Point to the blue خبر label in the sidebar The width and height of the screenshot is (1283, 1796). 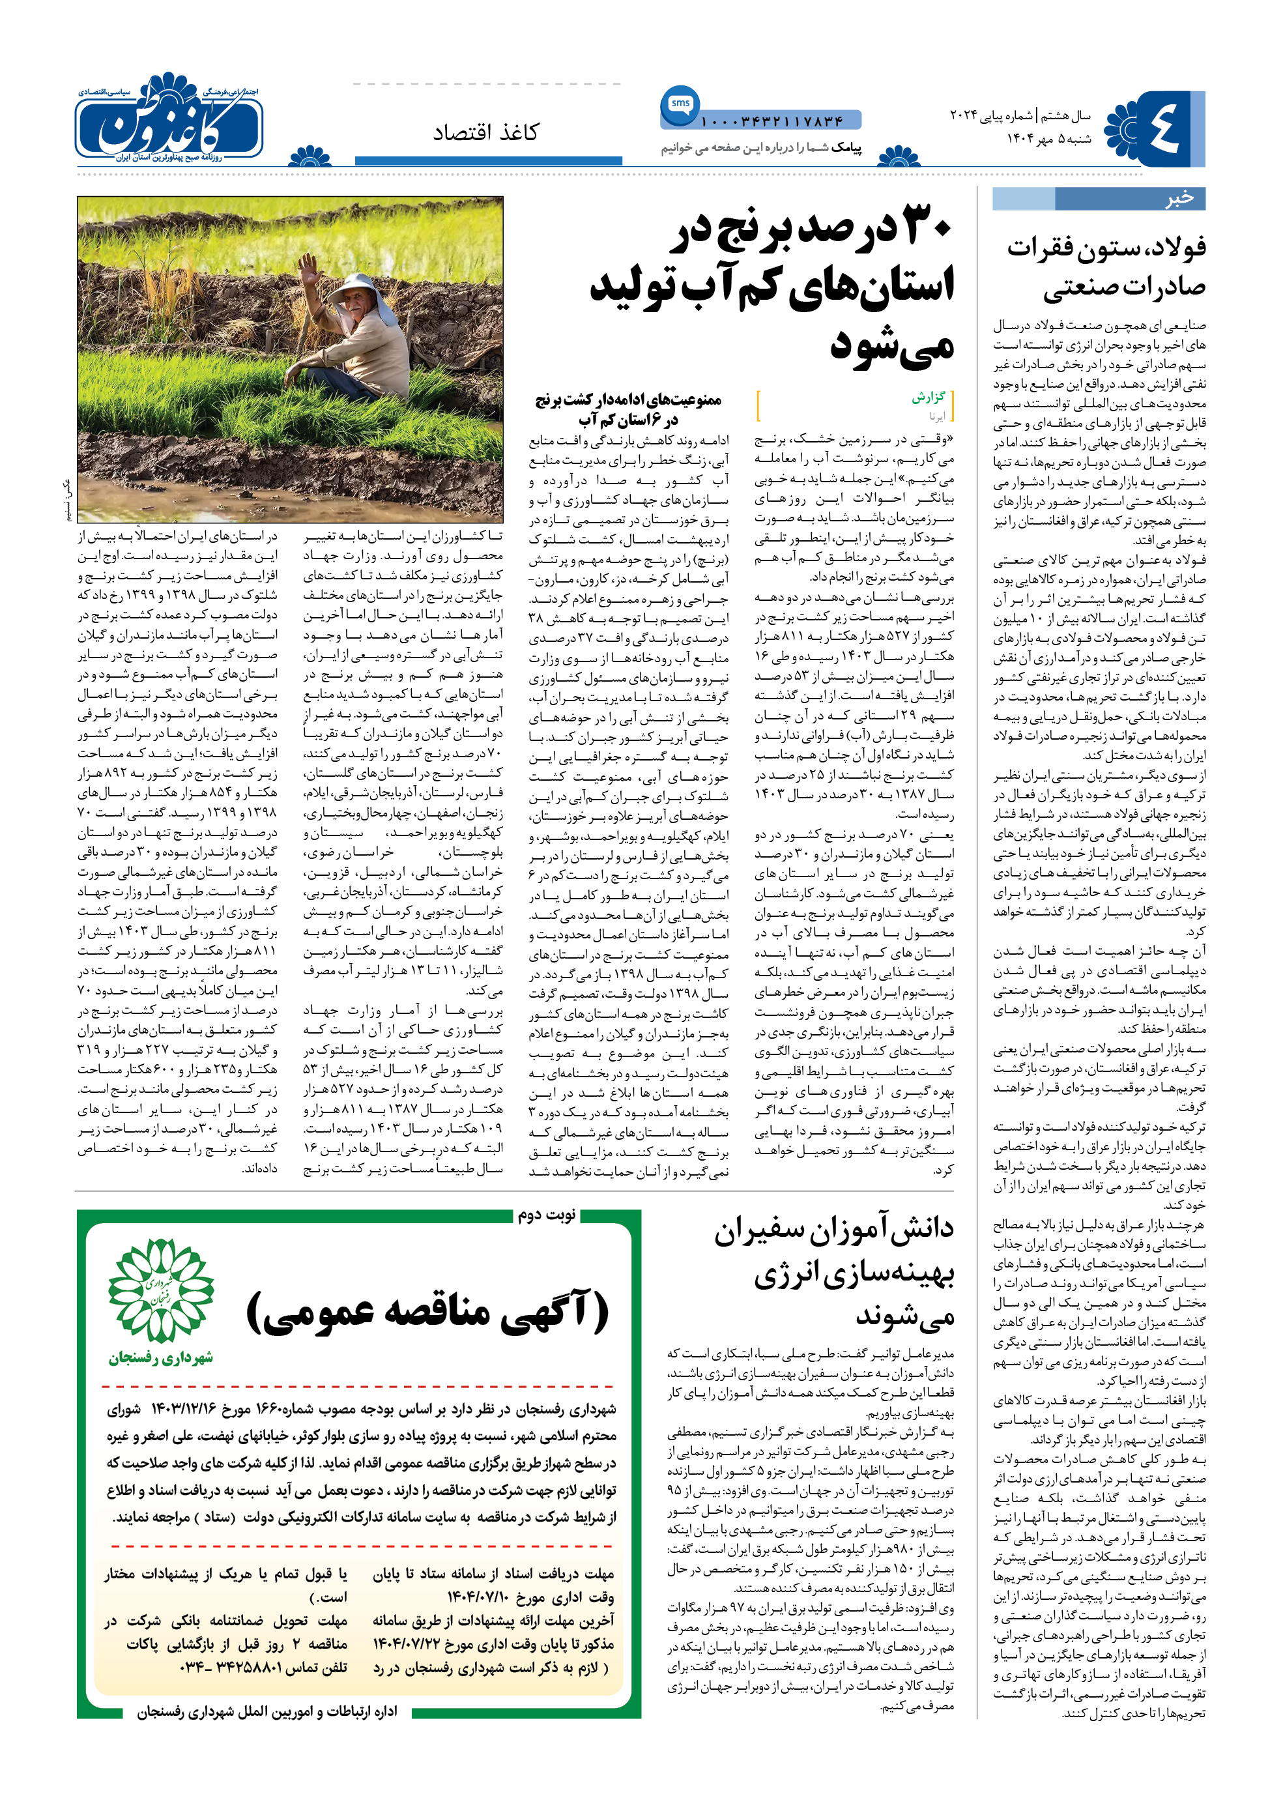tap(1178, 198)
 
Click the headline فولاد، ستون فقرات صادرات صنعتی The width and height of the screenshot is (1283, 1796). tap(1106, 267)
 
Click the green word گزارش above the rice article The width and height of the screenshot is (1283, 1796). tap(929, 398)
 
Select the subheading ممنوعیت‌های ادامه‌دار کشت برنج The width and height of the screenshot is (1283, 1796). tap(628, 409)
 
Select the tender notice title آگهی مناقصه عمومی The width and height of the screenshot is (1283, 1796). tap(427, 1312)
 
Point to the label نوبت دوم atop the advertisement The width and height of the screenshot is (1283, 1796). tap(547, 1215)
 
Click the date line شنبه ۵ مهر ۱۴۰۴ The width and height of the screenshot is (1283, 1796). tap(1048, 138)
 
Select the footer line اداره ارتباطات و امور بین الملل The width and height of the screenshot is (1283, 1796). tap(267, 1711)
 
